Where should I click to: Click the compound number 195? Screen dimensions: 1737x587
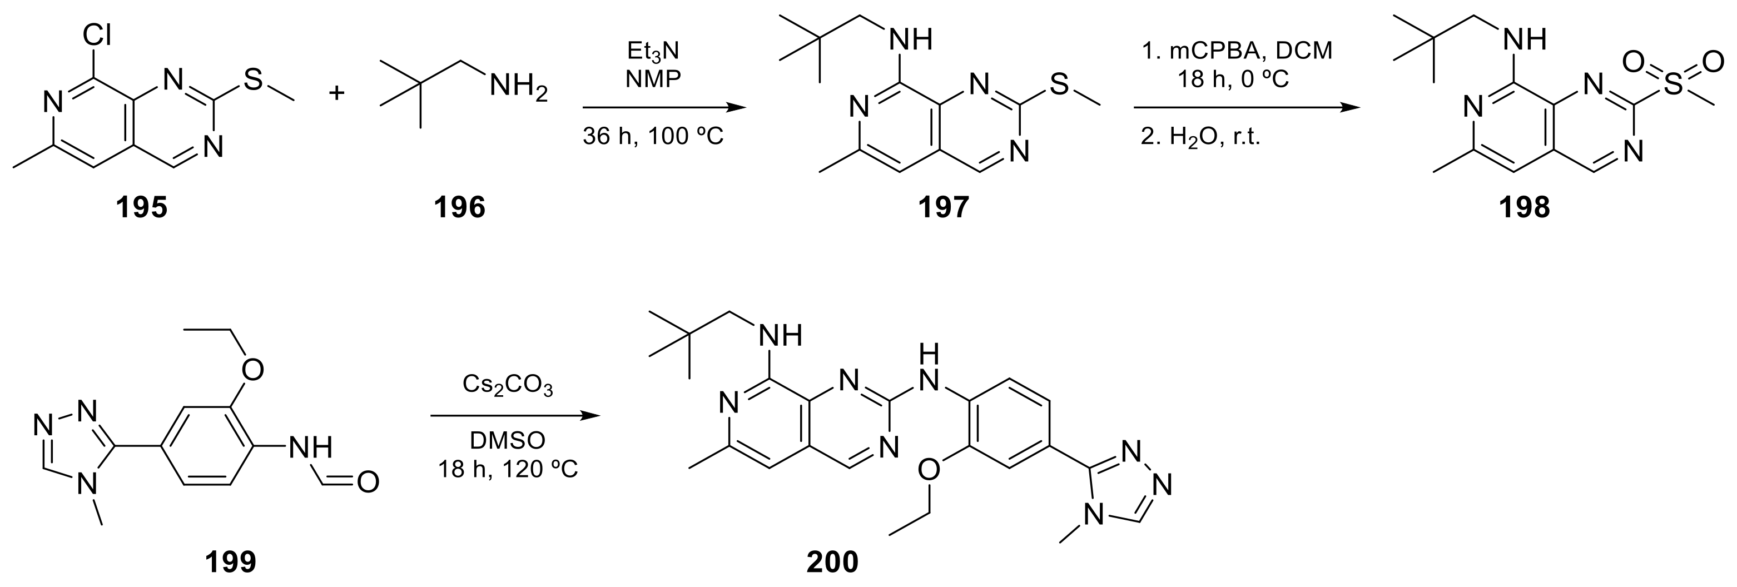pyautogui.click(x=141, y=207)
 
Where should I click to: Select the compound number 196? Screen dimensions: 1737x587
pyautogui.click(x=459, y=207)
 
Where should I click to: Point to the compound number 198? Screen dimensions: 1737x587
pyautogui.click(x=1524, y=207)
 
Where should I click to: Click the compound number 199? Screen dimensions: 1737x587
pyautogui.click(x=231, y=561)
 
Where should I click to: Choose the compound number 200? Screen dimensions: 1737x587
pyautogui.click(x=833, y=561)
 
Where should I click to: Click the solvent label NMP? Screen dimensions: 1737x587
pyautogui.click(x=653, y=79)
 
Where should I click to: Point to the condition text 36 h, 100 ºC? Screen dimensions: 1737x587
pyautogui.click(x=653, y=137)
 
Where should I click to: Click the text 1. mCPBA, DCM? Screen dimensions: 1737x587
pyautogui.click(x=1237, y=51)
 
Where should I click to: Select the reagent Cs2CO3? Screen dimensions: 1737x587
pyautogui.click(x=508, y=385)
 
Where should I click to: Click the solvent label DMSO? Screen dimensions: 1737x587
pyautogui.click(x=508, y=441)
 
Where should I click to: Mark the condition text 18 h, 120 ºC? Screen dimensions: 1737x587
pyautogui.click(x=508, y=469)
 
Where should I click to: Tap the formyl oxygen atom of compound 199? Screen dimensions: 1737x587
pyautogui.click(x=368, y=482)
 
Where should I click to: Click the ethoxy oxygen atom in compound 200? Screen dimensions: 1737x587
pyautogui.click(x=929, y=470)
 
